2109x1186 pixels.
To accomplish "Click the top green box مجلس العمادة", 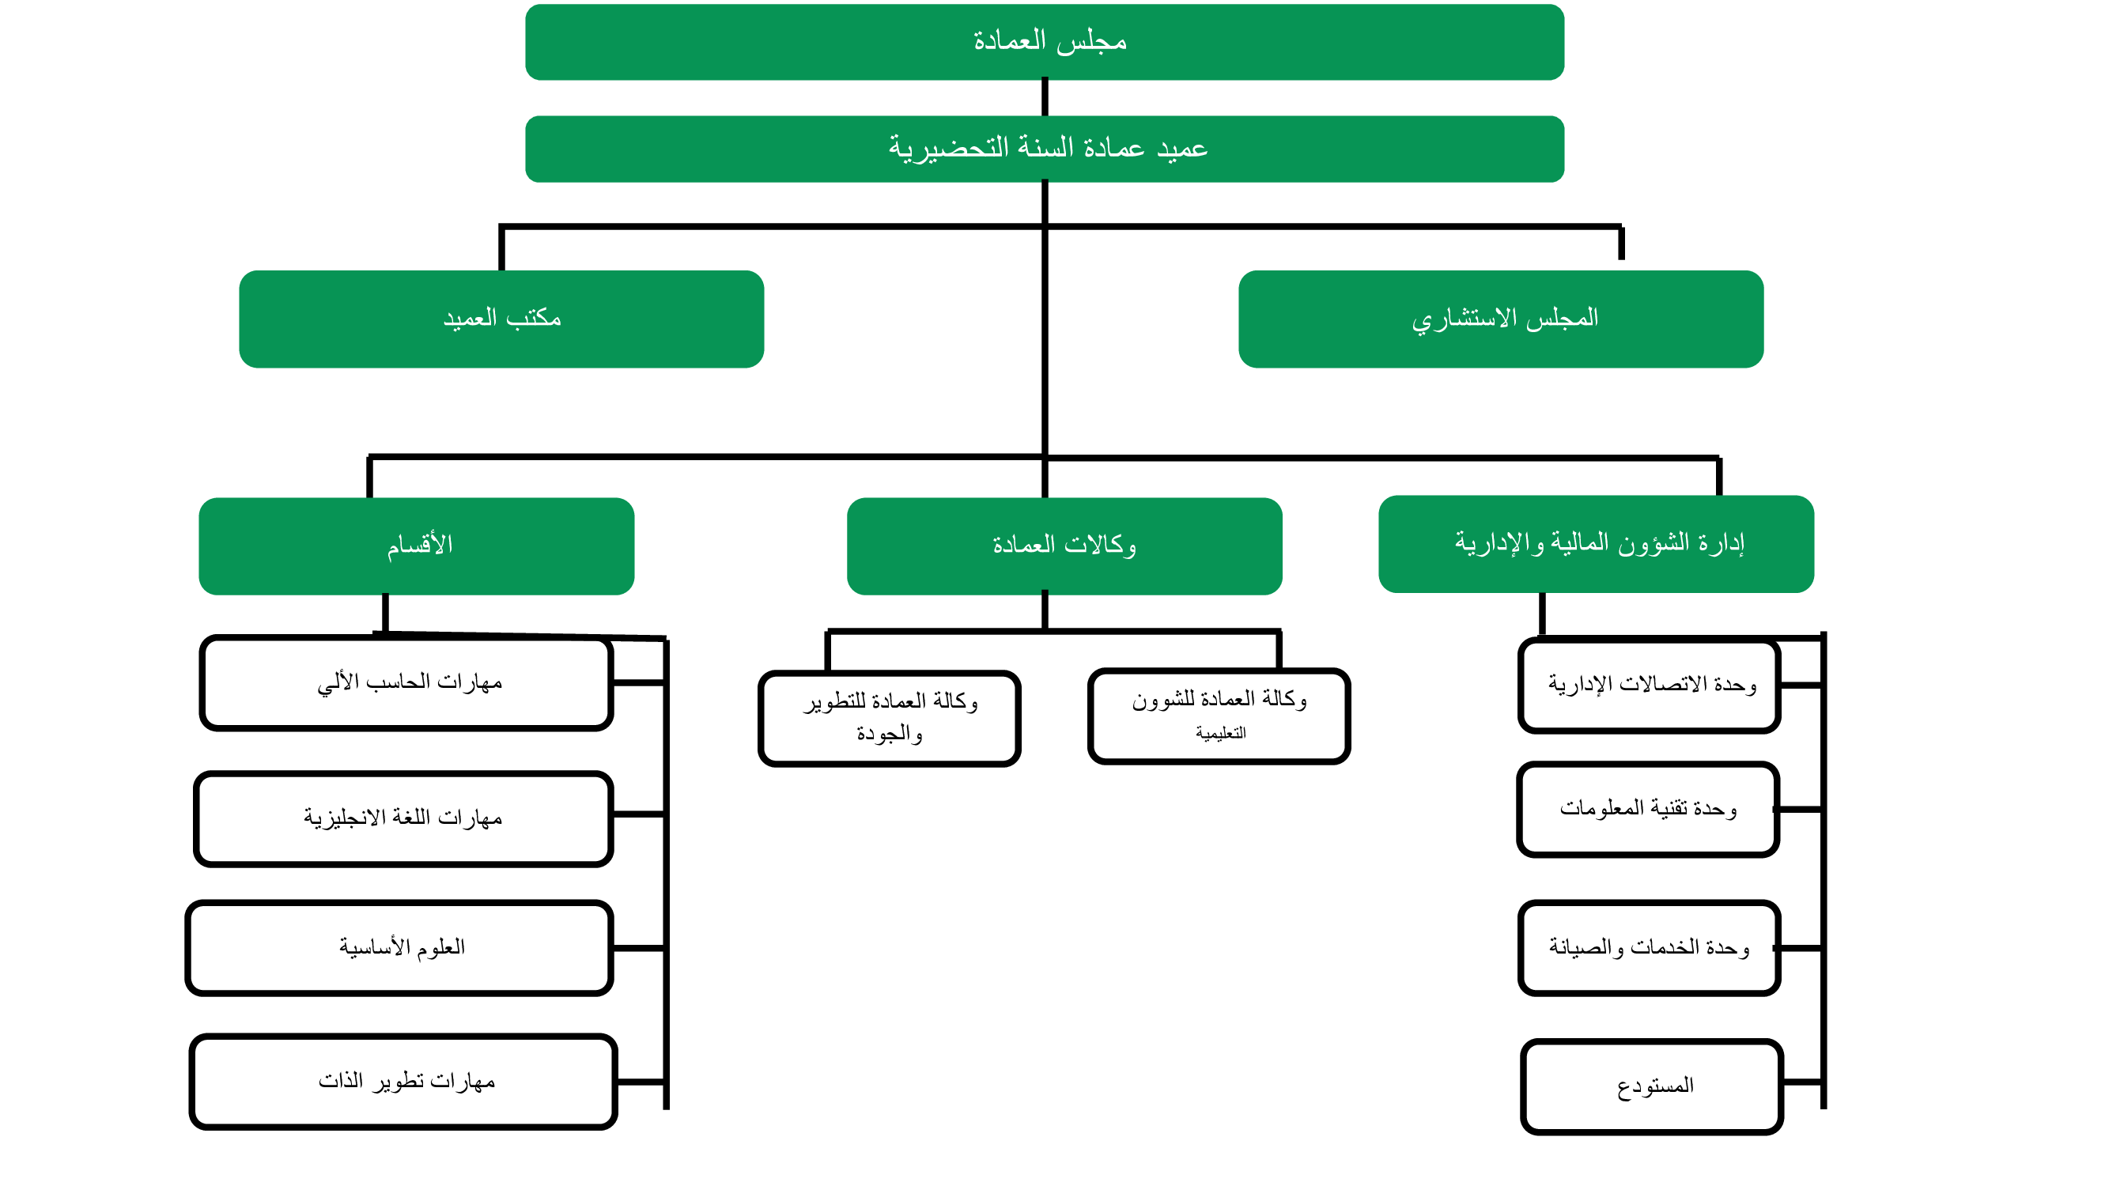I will click(1045, 42).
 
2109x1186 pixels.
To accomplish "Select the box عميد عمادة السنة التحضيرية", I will click(1045, 148).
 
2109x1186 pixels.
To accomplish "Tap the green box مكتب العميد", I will click(501, 319).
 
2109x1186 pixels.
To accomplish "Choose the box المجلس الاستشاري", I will click(1501, 319).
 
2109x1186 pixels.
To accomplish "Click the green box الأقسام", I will click(416, 546).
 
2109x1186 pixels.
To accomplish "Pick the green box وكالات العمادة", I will click(1064, 546).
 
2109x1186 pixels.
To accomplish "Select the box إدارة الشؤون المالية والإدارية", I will click(1596, 543).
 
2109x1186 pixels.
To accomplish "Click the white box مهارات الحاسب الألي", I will click(407, 682).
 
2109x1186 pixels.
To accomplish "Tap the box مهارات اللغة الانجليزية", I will click(403, 818).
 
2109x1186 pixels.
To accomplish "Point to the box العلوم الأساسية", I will click(399, 948).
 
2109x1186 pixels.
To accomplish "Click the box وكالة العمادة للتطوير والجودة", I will click(889, 718).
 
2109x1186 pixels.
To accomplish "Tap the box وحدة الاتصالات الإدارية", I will click(1649, 685).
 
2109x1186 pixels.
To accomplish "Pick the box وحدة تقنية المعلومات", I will click(1647, 810).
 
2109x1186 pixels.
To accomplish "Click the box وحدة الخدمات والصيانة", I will click(1649, 948).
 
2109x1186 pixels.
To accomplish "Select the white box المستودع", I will click(1651, 1087).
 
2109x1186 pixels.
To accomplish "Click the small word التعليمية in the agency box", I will click(1221, 734).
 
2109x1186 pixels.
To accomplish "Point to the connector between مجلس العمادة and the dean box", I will click(1045, 97).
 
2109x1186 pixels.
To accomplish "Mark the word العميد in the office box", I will click(470, 319).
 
